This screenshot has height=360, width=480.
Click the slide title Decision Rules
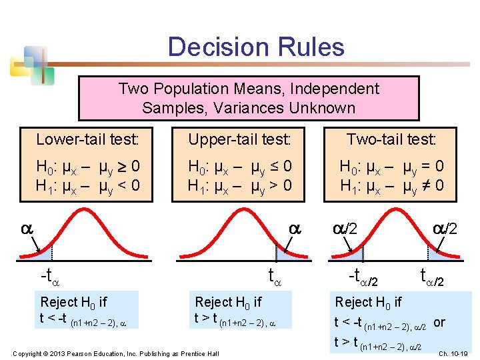pyautogui.click(x=256, y=47)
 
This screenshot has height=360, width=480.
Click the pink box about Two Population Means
pyautogui.click(x=249, y=98)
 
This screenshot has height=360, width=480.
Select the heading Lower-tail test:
pyautogui.click(x=87, y=139)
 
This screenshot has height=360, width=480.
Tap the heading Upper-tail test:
pyautogui.click(x=239, y=139)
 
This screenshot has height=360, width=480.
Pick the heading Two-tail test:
pyautogui.click(x=391, y=139)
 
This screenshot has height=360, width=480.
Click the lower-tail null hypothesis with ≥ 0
pyautogui.click(x=88, y=165)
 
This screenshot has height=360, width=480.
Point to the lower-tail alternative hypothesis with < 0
pyautogui.click(x=88, y=184)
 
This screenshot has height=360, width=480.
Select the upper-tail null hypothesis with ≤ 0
pyautogui.click(x=240, y=165)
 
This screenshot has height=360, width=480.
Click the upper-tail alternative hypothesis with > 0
pyautogui.click(x=240, y=184)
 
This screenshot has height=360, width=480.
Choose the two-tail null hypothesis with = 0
pyautogui.click(x=392, y=165)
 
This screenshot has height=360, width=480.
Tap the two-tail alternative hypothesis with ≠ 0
pyautogui.click(x=392, y=184)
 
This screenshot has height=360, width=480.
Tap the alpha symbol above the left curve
pyautogui.click(x=27, y=229)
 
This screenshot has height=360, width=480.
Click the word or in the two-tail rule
pyautogui.click(x=439, y=322)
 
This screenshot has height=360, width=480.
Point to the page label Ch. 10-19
pyautogui.click(x=455, y=351)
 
